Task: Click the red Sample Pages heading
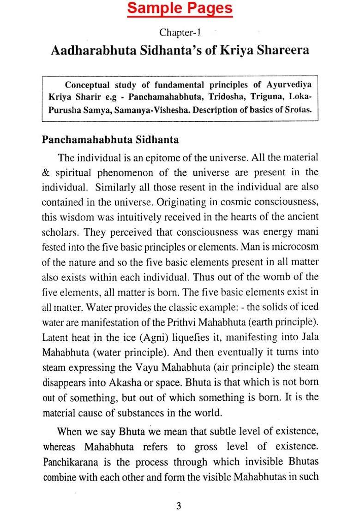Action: click(x=180, y=8)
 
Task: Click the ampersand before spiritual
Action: click(x=46, y=173)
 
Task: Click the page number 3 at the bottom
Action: click(x=179, y=493)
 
